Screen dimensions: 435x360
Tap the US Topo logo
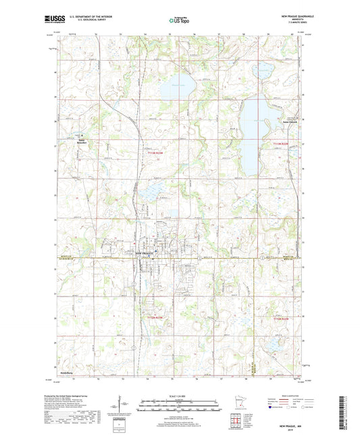point(180,21)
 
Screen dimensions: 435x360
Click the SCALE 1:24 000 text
point(180,396)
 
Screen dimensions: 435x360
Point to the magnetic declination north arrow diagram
point(126,407)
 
